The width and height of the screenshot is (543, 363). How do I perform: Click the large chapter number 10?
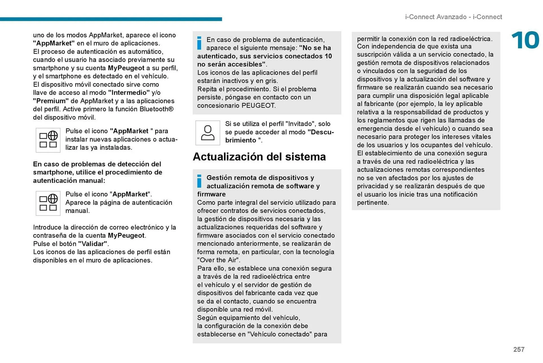[525, 40]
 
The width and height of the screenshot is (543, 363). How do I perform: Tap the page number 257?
[519, 349]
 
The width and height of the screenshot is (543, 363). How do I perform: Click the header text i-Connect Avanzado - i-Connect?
[453, 17]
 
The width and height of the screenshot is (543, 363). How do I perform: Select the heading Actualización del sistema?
[259, 157]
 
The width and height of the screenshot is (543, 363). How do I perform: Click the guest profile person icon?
[208, 133]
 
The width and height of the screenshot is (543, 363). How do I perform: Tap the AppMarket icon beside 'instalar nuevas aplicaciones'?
[48, 140]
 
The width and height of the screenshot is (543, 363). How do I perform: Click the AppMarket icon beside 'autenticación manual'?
[48, 203]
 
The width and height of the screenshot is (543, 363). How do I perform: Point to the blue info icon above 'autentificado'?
[199, 43]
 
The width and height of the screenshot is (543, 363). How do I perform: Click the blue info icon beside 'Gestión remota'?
[199, 181]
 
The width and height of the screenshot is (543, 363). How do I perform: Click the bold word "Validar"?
[93, 244]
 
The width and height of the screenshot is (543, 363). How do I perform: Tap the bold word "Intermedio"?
[129, 93]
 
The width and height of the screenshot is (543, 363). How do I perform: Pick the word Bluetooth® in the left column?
[156, 109]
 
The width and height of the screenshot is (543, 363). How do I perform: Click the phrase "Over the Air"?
[218, 260]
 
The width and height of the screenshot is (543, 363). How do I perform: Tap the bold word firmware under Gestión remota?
[211, 194]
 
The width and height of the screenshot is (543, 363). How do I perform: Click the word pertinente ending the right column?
[372, 203]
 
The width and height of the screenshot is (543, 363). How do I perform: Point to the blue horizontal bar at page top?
[111, 19]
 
